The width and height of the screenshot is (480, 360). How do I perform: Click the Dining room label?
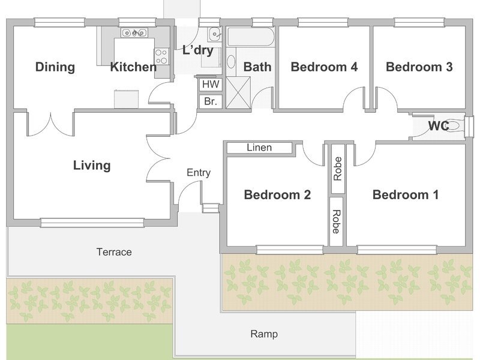[x=55, y=67]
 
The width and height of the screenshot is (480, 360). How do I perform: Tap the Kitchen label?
[x=133, y=67]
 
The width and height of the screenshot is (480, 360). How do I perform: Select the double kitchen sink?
[x=134, y=32]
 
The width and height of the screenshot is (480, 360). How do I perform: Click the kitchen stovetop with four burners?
[x=161, y=56]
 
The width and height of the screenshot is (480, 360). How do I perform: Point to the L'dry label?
[x=198, y=50]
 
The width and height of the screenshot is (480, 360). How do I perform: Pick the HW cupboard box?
[x=211, y=84]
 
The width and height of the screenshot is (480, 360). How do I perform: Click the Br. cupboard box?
[x=211, y=101]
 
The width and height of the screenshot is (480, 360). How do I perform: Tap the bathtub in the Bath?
[x=250, y=37]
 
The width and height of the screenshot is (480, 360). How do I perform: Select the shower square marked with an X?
[x=238, y=92]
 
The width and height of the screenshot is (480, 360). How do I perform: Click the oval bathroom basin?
[x=231, y=62]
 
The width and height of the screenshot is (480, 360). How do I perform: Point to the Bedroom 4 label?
[x=324, y=67]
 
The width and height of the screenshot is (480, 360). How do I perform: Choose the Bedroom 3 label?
[x=419, y=67]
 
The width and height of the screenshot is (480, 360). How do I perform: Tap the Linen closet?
[x=259, y=148]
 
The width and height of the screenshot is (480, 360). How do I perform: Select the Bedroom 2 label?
[x=277, y=194]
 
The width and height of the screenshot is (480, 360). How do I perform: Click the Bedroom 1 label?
[x=406, y=194]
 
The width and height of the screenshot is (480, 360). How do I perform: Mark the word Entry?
[x=199, y=173]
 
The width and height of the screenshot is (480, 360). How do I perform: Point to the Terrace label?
[x=114, y=252]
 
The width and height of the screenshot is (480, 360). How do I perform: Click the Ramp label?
[x=264, y=334]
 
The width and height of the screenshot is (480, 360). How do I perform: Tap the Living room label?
[x=92, y=166]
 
